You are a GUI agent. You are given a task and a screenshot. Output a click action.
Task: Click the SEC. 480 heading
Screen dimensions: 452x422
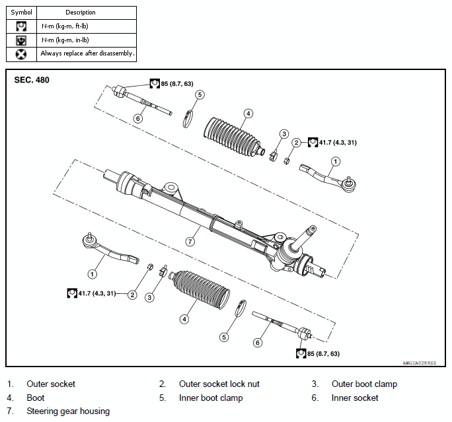32,80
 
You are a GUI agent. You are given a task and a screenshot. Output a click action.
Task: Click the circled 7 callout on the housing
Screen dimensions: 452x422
190,241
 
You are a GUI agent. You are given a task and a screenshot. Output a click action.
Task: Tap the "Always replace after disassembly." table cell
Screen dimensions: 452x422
87,54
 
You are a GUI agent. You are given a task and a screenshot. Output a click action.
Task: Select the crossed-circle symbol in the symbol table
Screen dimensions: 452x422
21,54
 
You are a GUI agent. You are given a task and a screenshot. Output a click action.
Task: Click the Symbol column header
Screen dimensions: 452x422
21,13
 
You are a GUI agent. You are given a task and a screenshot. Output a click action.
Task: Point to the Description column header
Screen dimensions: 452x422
81,13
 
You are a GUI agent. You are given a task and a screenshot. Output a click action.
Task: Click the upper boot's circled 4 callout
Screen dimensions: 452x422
248,114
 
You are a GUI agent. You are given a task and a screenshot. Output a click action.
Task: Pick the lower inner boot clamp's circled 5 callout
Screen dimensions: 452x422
224,337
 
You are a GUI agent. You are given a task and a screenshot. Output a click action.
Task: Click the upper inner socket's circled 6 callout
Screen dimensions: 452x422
138,118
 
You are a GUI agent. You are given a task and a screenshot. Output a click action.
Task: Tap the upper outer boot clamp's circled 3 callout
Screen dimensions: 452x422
284,133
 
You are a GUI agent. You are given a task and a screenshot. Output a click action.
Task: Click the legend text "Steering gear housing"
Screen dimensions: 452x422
68,411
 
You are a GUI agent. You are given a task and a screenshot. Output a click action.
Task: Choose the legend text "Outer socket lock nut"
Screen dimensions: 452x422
219,384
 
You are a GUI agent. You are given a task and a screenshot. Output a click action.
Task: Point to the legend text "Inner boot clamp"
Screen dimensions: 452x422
211,398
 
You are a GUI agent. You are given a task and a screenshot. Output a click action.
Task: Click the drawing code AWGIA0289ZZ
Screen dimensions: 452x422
420,363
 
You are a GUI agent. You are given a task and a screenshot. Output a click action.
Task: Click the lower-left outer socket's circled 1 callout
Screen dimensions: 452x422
93,273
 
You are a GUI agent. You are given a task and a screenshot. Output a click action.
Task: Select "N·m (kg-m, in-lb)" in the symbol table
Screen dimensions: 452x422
65,40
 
